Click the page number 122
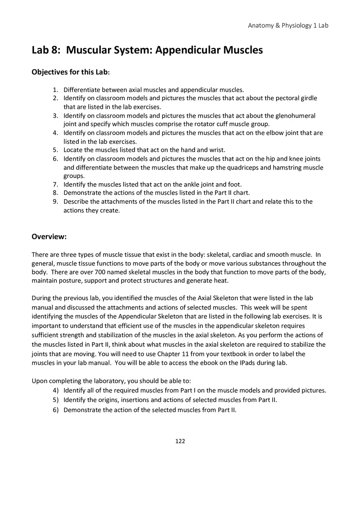click(x=180, y=441)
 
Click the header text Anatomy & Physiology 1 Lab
click(x=288, y=25)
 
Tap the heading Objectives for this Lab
click(x=71, y=72)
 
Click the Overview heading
click(x=49, y=237)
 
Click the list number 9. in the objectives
click(x=56, y=202)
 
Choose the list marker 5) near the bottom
click(x=55, y=400)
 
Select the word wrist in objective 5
click(x=217, y=150)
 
